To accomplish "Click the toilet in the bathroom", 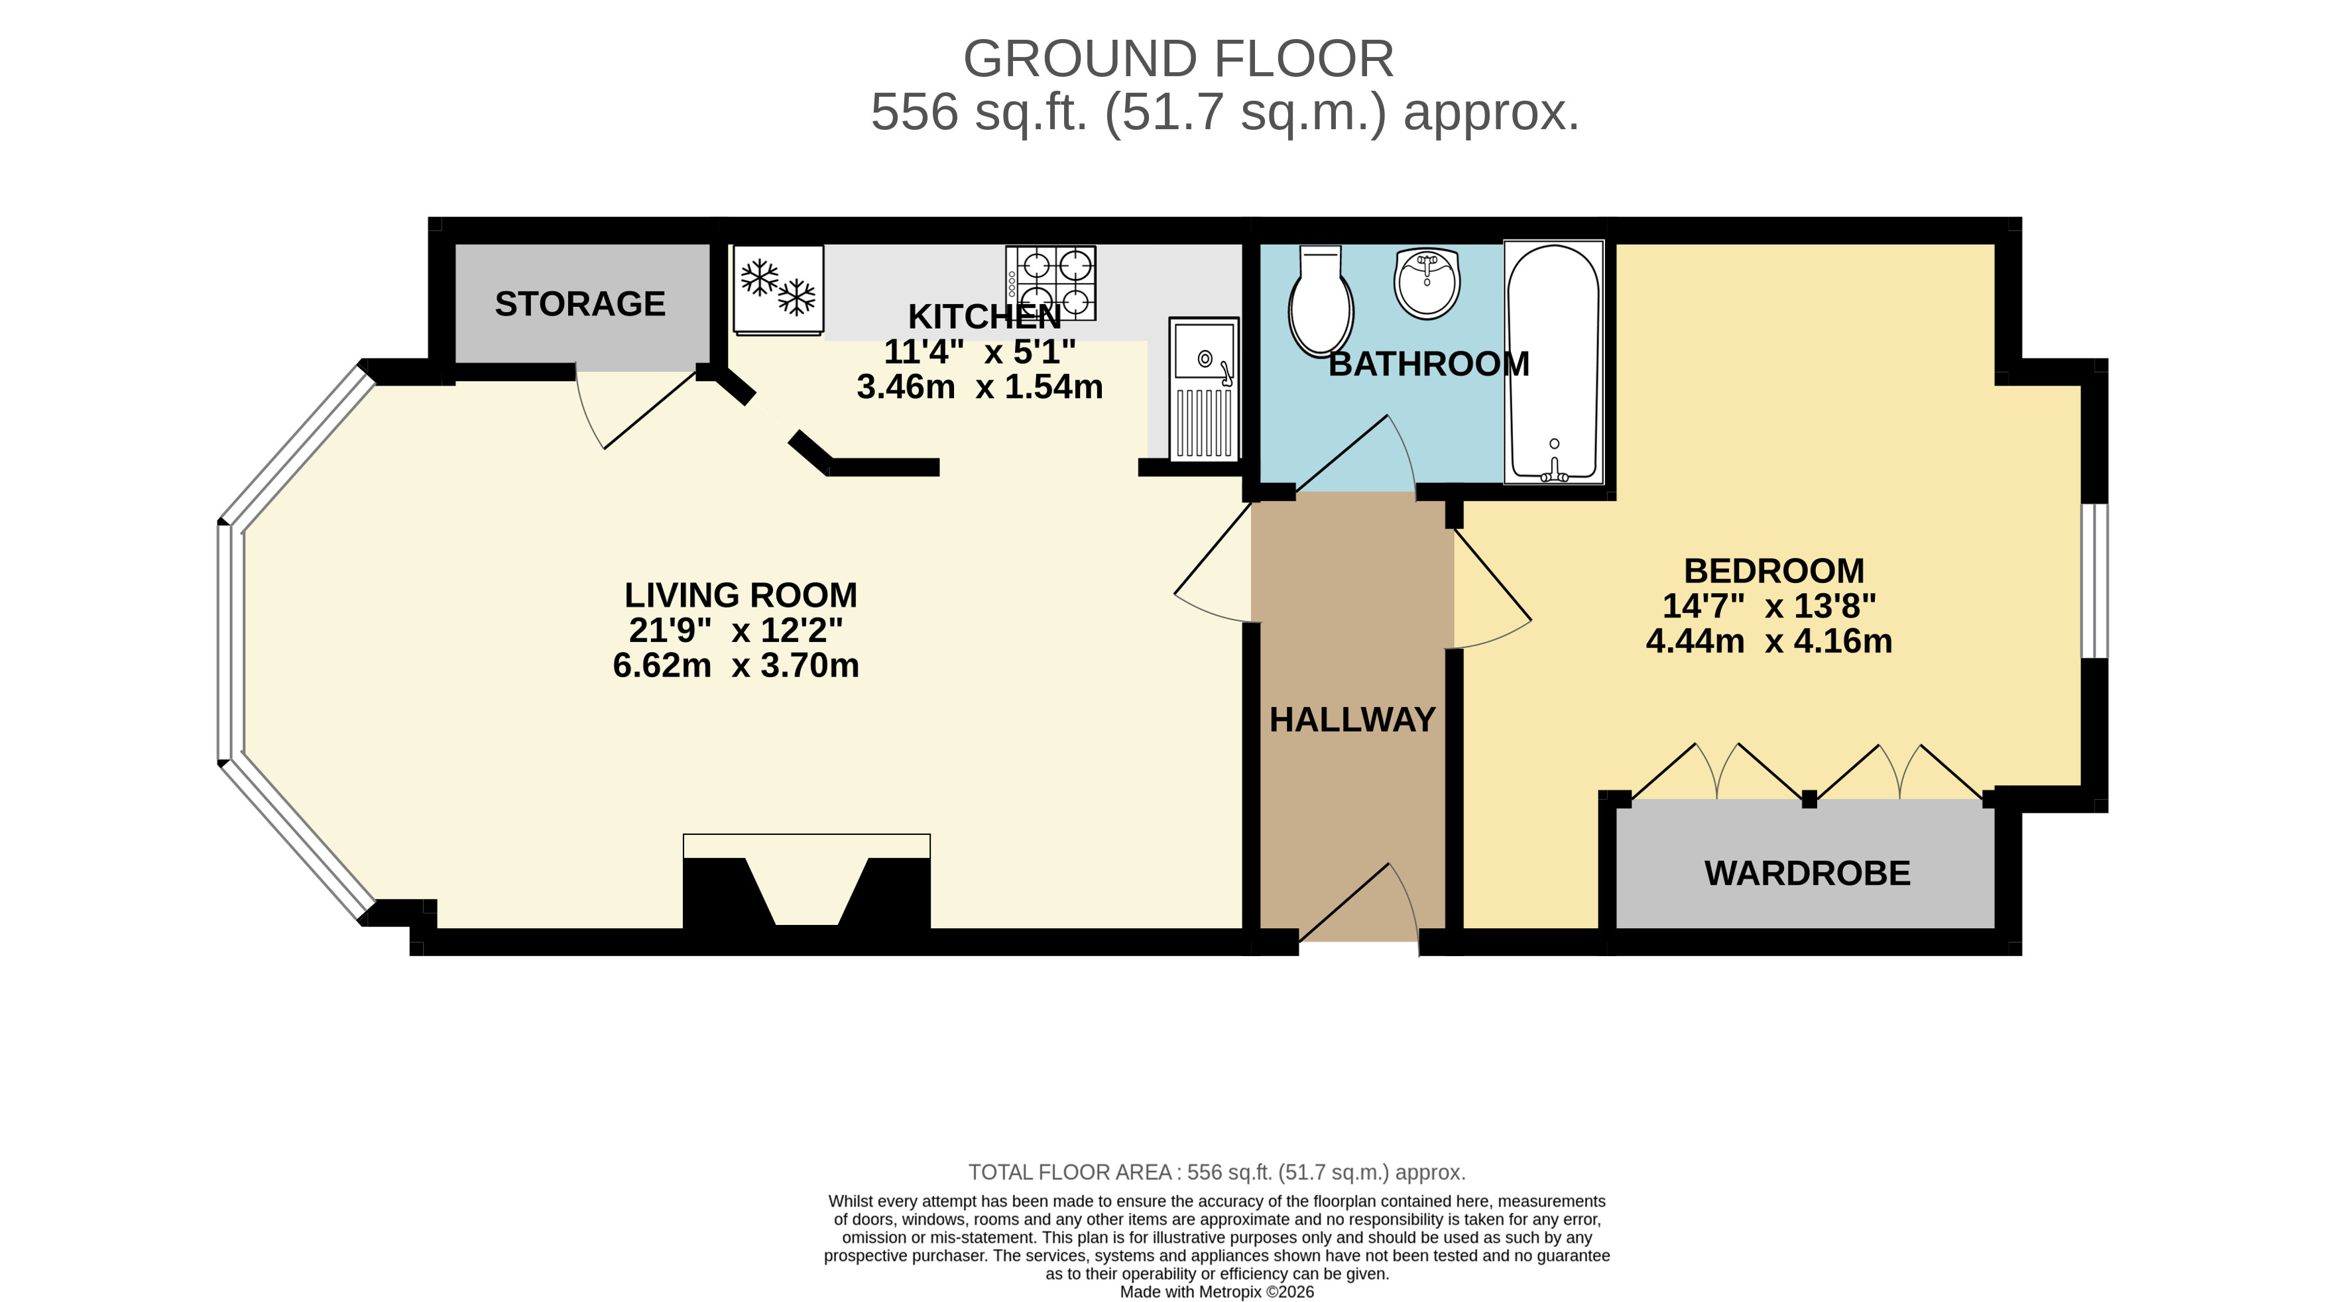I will coord(1321,301).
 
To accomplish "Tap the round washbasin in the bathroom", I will coord(1427,284).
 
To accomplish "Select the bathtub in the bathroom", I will coord(1553,361).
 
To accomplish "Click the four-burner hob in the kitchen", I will coord(1051,282).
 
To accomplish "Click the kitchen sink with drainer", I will coord(1204,389).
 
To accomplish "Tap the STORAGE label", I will coord(579,304).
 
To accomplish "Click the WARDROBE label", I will coord(1807,873).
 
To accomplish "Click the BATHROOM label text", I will coord(1429,364).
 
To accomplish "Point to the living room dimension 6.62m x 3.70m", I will coord(736,666).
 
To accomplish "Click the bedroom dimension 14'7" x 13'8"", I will coord(1769,606).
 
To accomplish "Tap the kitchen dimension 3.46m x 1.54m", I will coord(979,387).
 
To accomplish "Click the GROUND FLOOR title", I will coord(1178,60).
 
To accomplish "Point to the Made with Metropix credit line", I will coord(1216,1292).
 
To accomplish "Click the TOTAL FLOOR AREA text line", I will coord(1216,1172).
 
